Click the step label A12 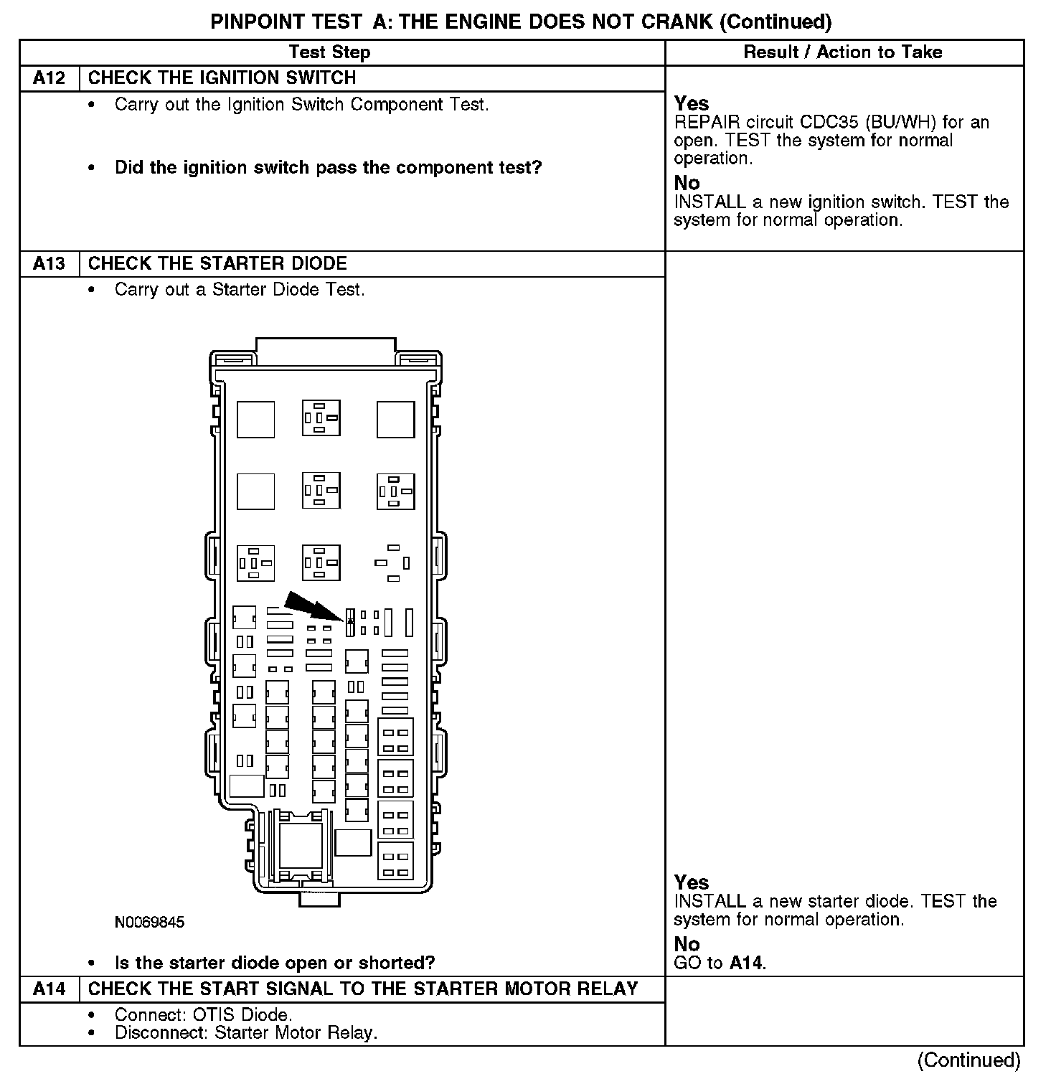tap(49, 78)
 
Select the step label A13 tap(49, 264)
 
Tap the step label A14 tap(49, 989)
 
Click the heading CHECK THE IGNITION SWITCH tap(222, 78)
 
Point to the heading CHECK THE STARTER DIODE tap(217, 264)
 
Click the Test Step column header tap(329, 52)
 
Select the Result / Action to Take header tap(843, 52)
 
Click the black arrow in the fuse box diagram tap(313, 605)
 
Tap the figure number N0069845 tap(149, 923)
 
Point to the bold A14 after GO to tap(746, 963)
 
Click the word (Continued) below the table tap(968, 1060)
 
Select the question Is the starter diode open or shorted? tap(275, 963)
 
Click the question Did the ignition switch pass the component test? tap(328, 168)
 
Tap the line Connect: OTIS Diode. tap(203, 1015)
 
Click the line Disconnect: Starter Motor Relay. tap(245, 1033)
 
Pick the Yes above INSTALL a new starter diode tap(692, 882)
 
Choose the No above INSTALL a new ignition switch tap(687, 184)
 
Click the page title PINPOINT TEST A tap(521, 22)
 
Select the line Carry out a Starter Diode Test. tap(240, 290)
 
